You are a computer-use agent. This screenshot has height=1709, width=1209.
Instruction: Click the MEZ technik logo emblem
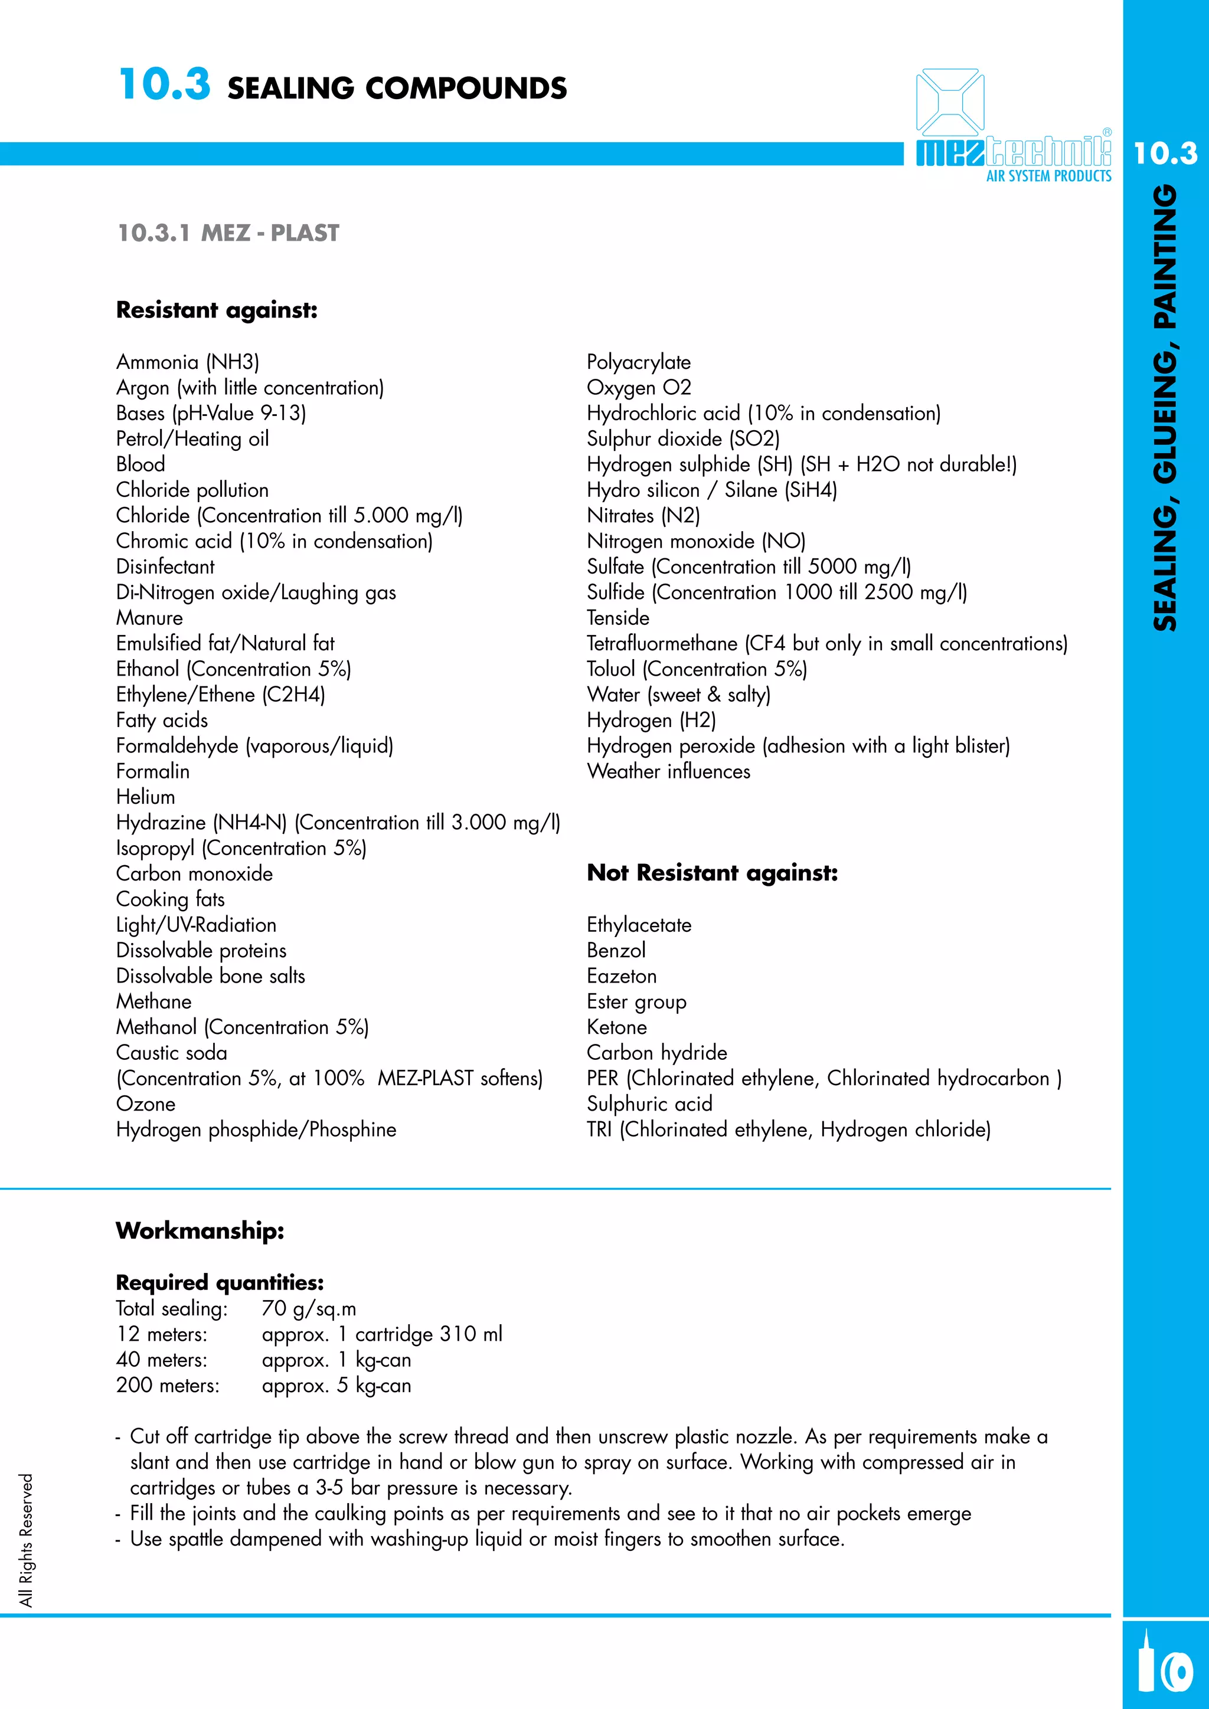[950, 102]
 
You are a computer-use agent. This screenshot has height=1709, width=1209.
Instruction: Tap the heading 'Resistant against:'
[217, 310]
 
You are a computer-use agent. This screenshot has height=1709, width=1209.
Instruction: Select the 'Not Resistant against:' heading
[712, 873]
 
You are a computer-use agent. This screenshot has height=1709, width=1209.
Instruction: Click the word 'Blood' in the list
[140, 464]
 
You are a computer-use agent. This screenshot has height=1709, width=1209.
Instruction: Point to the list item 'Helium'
[146, 797]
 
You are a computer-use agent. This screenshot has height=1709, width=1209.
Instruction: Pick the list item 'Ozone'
[146, 1104]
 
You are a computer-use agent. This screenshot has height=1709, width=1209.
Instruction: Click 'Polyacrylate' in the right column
[638, 362]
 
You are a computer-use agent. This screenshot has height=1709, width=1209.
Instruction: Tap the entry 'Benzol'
[616, 951]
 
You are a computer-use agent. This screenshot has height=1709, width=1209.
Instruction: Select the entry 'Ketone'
[616, 1027]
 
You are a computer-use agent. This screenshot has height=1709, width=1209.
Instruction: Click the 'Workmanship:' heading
[200, 1231]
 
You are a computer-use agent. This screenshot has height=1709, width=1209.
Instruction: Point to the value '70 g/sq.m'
[309, 1308]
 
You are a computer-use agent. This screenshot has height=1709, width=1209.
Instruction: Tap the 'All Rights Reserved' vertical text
[27, 1540]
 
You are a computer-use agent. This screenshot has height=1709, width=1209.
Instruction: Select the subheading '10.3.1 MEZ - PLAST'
[228, 233]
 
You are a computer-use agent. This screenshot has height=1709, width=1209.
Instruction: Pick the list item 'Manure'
[149, 618]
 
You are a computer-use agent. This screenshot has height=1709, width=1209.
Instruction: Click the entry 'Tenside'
[618, 618]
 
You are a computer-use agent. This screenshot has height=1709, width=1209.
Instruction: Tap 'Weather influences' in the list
[668, 772]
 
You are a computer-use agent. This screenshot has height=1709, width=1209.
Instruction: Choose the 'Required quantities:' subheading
[220, 1282]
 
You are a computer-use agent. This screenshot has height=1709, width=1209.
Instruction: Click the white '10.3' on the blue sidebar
[1165, 154]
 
